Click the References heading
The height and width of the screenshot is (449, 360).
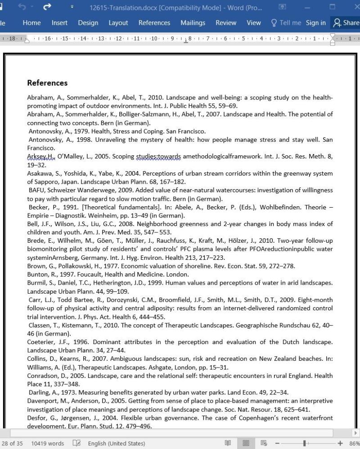tap(47, 83)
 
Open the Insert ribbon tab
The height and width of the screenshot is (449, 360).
tap(59, 23)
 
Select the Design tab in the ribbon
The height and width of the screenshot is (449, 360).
tap(88, 23)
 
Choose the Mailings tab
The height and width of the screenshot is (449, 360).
tap(193, 23)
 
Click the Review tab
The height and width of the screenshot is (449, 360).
tap(226, 23)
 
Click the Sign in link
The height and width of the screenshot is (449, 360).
tap(315, 23)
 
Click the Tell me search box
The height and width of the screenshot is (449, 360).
tap(286, 23)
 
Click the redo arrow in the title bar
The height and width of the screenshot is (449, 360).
tap(47, 7)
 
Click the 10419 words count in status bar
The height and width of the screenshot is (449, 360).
tap(47, 443)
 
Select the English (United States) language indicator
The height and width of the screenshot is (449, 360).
tap(116, 443)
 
